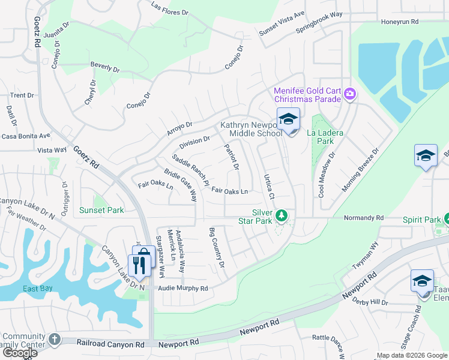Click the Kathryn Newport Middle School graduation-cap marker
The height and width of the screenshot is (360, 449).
click(288, 119)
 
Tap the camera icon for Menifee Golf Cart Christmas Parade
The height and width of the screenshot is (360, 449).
click(350, 94)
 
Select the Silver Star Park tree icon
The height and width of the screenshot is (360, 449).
click(281, 214)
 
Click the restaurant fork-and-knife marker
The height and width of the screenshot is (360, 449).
click(139, 265)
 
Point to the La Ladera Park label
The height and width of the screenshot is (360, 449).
click(320, 137)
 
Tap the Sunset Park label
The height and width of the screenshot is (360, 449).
click(101, 211)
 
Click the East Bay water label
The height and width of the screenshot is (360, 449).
click(38, 289)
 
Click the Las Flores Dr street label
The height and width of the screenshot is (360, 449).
click(170, 9)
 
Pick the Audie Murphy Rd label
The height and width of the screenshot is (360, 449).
click(182, 289)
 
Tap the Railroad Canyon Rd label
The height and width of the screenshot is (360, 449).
click(111, 344)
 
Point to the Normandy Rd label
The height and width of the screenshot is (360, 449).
click(363, 218)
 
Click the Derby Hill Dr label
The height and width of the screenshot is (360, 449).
click(370, 301)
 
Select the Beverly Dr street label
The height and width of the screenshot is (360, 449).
click(105, 66)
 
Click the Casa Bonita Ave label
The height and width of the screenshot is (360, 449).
click(25, 136)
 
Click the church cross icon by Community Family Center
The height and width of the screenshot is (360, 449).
click(55, 339)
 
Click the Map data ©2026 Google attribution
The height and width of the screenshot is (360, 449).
click(411, 355)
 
